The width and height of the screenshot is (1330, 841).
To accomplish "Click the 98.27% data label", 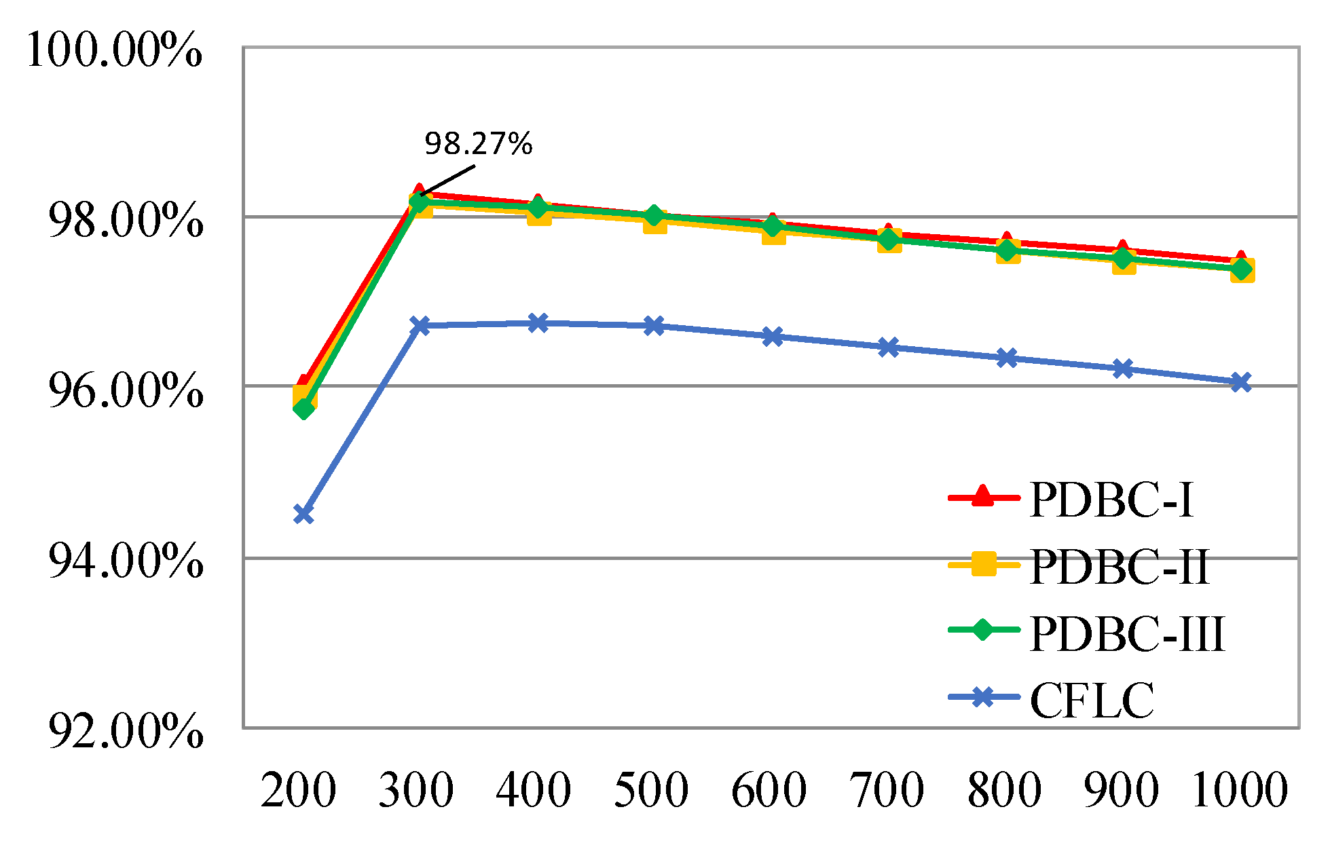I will tap(478, 144).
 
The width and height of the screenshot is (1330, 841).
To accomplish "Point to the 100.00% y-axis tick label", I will tap(114, 50).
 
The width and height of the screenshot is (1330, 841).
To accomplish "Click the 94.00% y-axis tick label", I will tap(126, 561).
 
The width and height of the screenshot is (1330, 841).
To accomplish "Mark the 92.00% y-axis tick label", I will tap(126, 731).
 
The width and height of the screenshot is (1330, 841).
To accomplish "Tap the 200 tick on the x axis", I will tap(298, 790).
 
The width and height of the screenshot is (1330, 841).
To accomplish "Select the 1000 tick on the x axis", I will tap(1240, 790).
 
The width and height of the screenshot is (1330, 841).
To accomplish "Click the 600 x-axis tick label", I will tap(769, 790).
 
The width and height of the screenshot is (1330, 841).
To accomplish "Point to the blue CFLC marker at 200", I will tap(303, 514).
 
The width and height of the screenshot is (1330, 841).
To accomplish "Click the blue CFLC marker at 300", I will tap(420, 326).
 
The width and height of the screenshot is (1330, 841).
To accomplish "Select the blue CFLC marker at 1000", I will tap(1241, 382).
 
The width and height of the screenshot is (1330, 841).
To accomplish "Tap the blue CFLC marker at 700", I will tap(888, 348).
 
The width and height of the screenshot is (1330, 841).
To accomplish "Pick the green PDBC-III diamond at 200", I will tap(303, 409).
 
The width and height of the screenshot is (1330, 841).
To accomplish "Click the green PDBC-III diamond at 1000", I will tap(1241, 269).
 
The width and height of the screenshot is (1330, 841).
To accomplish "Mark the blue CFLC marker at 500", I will tap(654, 326).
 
